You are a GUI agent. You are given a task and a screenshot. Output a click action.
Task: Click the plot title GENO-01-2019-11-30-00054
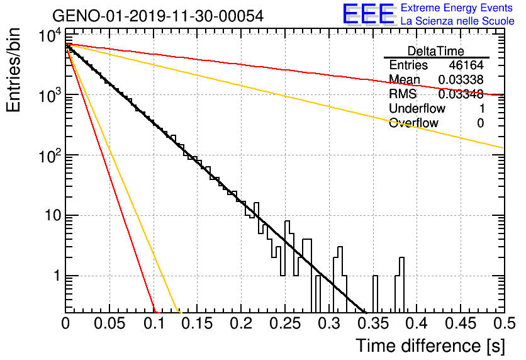pos(158,16)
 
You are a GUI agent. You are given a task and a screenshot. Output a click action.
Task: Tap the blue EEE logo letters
pos(369,14)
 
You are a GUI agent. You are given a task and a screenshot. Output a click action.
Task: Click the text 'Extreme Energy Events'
pos(457,8)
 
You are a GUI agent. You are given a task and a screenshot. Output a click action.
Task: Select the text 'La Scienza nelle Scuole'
pos(457,21)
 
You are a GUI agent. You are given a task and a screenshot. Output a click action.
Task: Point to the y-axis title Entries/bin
pos(13,70)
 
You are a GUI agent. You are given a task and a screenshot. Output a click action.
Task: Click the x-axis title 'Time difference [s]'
pos(430,346)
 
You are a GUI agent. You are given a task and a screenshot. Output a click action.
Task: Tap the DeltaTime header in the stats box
pos(436,51)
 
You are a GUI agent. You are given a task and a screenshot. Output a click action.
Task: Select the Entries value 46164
pos(466,65)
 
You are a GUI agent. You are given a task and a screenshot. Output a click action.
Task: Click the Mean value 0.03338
pos(461,79)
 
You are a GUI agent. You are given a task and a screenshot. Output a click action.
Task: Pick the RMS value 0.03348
pos(461,94)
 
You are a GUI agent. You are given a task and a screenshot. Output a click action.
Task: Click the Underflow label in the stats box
pos(417,108)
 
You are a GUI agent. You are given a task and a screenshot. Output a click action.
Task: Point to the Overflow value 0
pos(480,123)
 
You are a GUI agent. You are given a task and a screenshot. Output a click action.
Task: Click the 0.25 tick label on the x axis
pos(286,323)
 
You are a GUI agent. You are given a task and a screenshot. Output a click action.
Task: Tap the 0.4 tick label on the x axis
pos(417,323)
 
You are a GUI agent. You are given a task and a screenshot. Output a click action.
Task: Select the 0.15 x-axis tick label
pos(198,323)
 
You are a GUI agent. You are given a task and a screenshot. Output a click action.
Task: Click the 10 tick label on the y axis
pos(53,215)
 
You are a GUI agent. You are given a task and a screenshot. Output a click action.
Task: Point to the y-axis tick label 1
pos(57,276)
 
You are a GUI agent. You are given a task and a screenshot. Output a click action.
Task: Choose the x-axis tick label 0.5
pos(505,323)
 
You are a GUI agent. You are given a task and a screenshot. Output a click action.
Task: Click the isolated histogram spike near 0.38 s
pos(400,284)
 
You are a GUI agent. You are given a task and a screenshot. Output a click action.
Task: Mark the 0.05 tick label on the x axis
pos(109,323)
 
